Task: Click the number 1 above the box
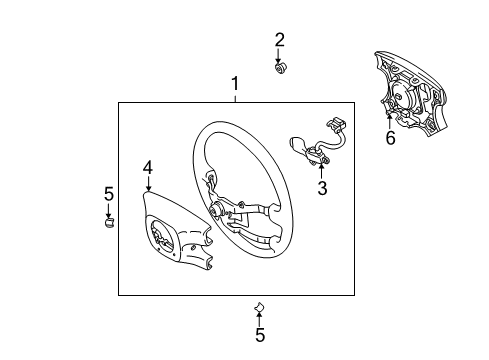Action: point(235,84)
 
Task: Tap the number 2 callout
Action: point(280,40)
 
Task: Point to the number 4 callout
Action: point(147,168)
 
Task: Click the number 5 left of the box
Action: point(109,193)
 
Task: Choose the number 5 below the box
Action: point(260,335)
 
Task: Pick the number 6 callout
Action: point(390,138)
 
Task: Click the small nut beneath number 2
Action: point(281,68)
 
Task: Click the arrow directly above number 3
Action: point(321,169)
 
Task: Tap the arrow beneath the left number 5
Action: point(109,210)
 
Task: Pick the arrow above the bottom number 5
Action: point(259,318)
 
